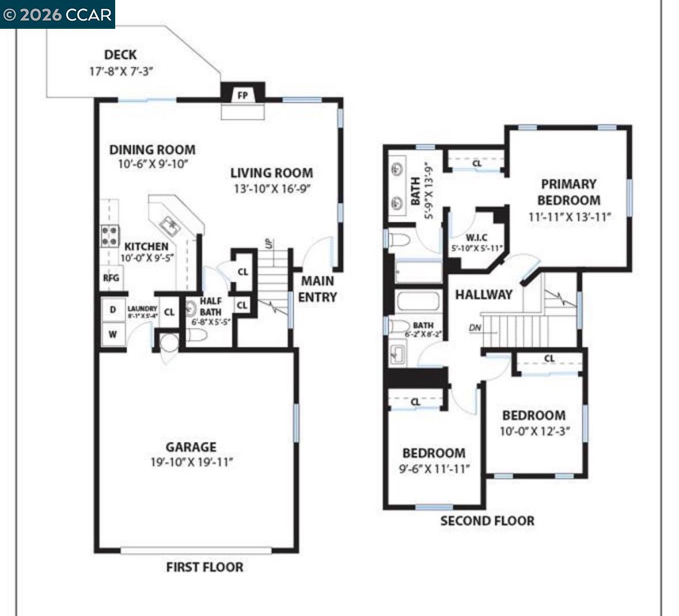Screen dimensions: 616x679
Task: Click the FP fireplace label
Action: tap(242, 95)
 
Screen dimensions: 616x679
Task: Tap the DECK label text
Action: tap(120, 55)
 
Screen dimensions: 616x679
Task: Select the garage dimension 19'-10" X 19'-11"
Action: tap(191, 462)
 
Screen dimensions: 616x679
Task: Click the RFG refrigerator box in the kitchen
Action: tap(111, 278)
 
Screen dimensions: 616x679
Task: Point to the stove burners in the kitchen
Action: tap(110, 235)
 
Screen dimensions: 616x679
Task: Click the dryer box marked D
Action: tap(113, 310)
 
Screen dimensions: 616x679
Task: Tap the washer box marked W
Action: tap(113, 334)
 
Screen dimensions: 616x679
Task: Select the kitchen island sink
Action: tap(170, 224)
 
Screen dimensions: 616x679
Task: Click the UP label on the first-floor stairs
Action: tap(268, 244)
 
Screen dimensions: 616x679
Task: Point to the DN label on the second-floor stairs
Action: tap(475, 328)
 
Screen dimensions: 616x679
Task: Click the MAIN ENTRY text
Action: tap(317, 289)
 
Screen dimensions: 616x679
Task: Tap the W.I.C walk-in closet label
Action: tap(476, 237)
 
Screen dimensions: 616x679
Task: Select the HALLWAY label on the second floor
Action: tap(484, 294)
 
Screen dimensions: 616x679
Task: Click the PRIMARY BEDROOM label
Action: tap(568, 192)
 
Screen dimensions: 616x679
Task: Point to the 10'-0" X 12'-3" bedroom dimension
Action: tap(534, 431)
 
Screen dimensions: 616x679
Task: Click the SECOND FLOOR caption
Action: tap(487, 521)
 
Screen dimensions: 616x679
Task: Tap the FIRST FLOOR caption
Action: tap(204, 567)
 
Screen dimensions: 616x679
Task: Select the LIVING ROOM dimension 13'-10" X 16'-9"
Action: tap(272, 189)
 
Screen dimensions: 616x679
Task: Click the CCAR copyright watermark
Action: tap(57, 14)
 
